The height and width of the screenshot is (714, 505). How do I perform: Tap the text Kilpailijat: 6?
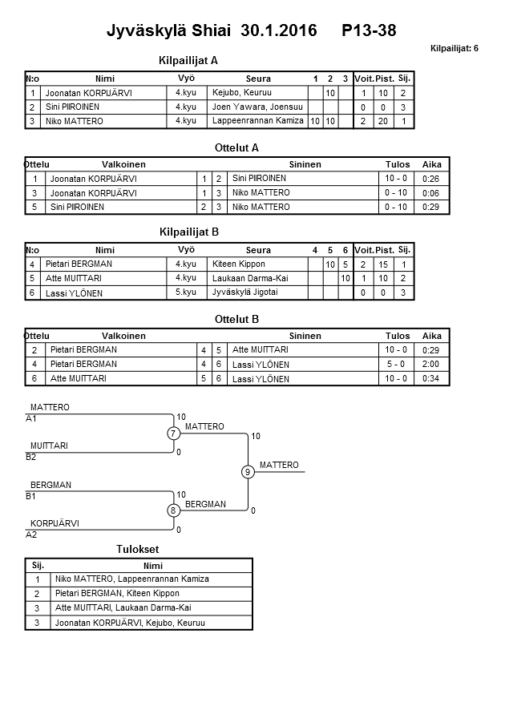point(454,48)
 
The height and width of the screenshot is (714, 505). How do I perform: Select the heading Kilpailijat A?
point(189,60)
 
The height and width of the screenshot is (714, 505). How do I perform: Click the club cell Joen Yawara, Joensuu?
point(251,107)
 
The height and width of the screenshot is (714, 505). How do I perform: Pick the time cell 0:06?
point(431,193)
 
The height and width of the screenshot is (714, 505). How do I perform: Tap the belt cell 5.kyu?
point(185,292)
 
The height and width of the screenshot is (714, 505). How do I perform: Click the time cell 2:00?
point(431,364)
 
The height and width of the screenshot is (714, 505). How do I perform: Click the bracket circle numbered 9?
point(248,472)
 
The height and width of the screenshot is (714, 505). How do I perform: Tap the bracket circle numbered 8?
point(172,510)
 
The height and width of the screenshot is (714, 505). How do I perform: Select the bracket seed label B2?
point(31,457)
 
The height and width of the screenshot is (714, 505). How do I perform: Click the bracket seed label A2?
point(31,534)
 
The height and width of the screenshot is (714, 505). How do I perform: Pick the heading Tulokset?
point(138,550)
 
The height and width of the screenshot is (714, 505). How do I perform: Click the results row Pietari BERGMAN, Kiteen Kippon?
point(117,594)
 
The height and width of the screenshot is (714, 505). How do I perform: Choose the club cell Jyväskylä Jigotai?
point(244,292)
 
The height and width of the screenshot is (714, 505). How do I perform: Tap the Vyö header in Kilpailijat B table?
point(186,250)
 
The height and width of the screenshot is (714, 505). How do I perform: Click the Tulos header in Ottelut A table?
point(397,164)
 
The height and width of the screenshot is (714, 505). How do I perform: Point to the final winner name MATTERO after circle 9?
point(279,466)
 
